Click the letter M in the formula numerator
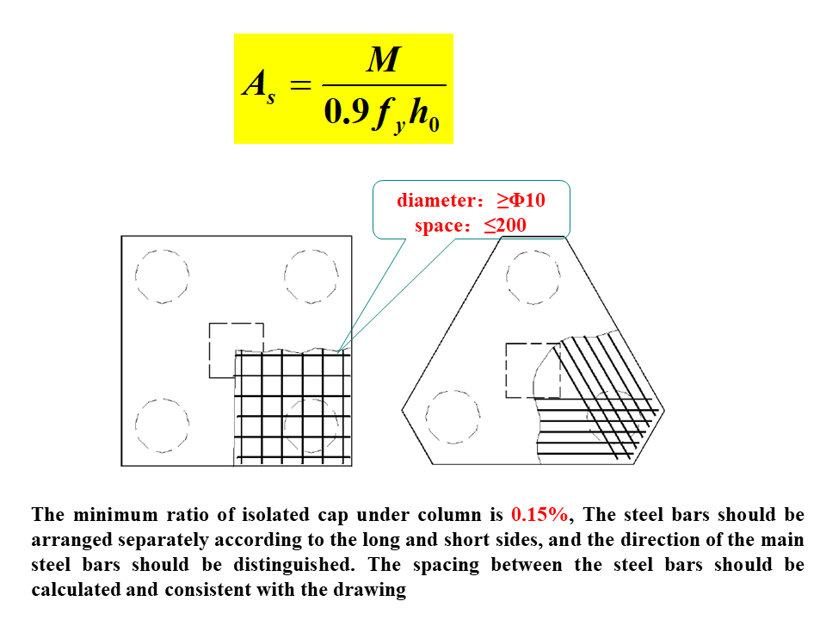click(x=383, y=61)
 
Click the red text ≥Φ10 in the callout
click(x=521, y=201)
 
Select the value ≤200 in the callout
click(x=504, y=226)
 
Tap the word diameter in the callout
click(x=435, y=201)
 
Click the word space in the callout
click(x=439, y=226)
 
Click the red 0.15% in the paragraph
click(x=539, y=515)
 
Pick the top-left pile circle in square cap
click(x=162, y=276)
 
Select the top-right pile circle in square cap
click(x=311, y=276)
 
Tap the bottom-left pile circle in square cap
click(x=162, y=426)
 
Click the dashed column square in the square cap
click(x=236, y=350)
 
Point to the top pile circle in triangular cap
click(x=533, y=276)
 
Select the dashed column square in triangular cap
click(x=533, y=370)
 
